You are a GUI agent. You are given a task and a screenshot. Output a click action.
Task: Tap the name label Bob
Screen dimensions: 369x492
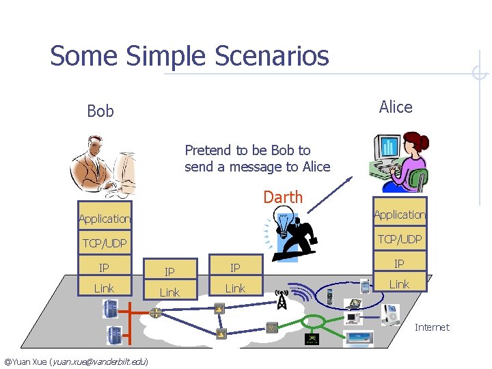[x=100, y=111]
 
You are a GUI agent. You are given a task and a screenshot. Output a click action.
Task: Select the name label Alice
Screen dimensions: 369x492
[x=396, y=107]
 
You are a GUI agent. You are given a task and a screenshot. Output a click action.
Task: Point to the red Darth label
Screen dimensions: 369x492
[x=283, y=197]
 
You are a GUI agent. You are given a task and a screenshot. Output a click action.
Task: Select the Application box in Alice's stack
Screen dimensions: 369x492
[x=399, y=215]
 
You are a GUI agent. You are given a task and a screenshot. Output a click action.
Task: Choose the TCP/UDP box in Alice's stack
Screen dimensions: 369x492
[x=399, y=238]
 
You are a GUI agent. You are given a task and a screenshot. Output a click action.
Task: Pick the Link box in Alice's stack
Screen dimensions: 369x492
[x=399, y=284]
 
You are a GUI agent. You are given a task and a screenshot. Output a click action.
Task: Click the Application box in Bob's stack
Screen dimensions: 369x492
[x=105, y=219]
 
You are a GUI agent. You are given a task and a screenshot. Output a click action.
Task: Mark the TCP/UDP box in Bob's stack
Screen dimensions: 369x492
[x=105, y=243]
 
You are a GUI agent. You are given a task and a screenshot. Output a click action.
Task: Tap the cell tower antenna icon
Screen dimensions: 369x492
[x=282, y=299]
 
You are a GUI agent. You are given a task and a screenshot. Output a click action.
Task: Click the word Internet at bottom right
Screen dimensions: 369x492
[x=432, y=327]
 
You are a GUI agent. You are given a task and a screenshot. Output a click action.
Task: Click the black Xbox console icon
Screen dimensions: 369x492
[x=311, y=339]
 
